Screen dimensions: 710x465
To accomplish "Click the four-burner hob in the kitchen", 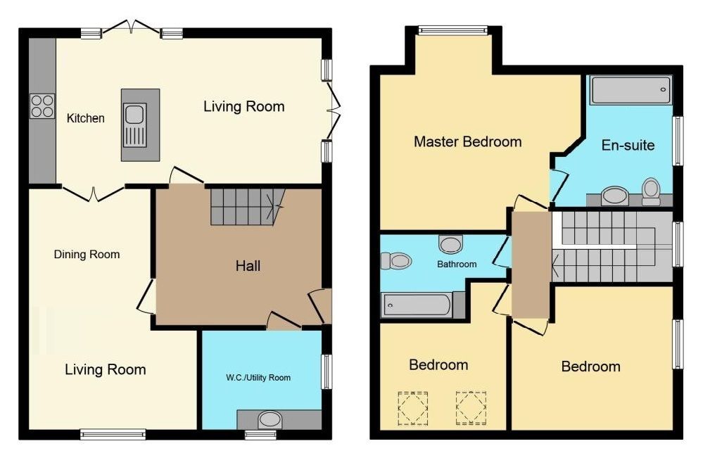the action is pos(42,106).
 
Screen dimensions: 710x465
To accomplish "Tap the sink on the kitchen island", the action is pos(134,125).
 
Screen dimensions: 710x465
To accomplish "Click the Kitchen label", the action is pos(86,118).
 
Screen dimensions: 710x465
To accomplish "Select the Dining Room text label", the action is pos(87,255).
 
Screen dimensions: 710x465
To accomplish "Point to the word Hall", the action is pos(248,266).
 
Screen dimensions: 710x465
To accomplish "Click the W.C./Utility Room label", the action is pos(258,378).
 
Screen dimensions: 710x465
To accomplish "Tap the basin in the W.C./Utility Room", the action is pos(270,420).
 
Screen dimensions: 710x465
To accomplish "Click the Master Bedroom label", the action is pos(468,141).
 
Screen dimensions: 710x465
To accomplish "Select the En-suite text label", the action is pos(628,146).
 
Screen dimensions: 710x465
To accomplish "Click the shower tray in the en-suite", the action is pos(630,90).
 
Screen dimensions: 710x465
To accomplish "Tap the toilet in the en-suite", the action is pos(651,191).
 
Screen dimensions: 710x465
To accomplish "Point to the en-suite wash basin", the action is pos(614,196).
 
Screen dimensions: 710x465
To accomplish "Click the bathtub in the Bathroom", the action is pos(417,305).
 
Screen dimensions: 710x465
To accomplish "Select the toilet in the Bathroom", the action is pos(396,261).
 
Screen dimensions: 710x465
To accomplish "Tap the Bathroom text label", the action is pos(457,264).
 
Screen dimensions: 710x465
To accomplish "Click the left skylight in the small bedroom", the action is pos(412,409).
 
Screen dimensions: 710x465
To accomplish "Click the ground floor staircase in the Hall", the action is pos(247,206).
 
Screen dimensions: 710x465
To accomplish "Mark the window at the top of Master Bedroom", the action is pos(453,30).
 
